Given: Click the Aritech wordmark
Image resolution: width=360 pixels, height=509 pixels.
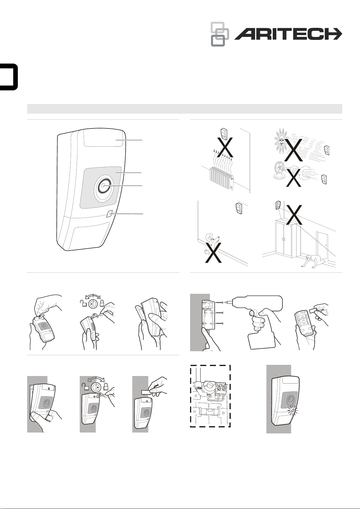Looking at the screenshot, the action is [x=288, y=34].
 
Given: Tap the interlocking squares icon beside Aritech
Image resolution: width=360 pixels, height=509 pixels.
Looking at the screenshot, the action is [x=220, y=34].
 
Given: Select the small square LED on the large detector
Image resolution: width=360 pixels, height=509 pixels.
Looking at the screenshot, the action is [x=110, y=214].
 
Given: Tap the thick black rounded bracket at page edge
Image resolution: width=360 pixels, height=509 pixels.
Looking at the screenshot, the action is [x=9, y=77].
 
